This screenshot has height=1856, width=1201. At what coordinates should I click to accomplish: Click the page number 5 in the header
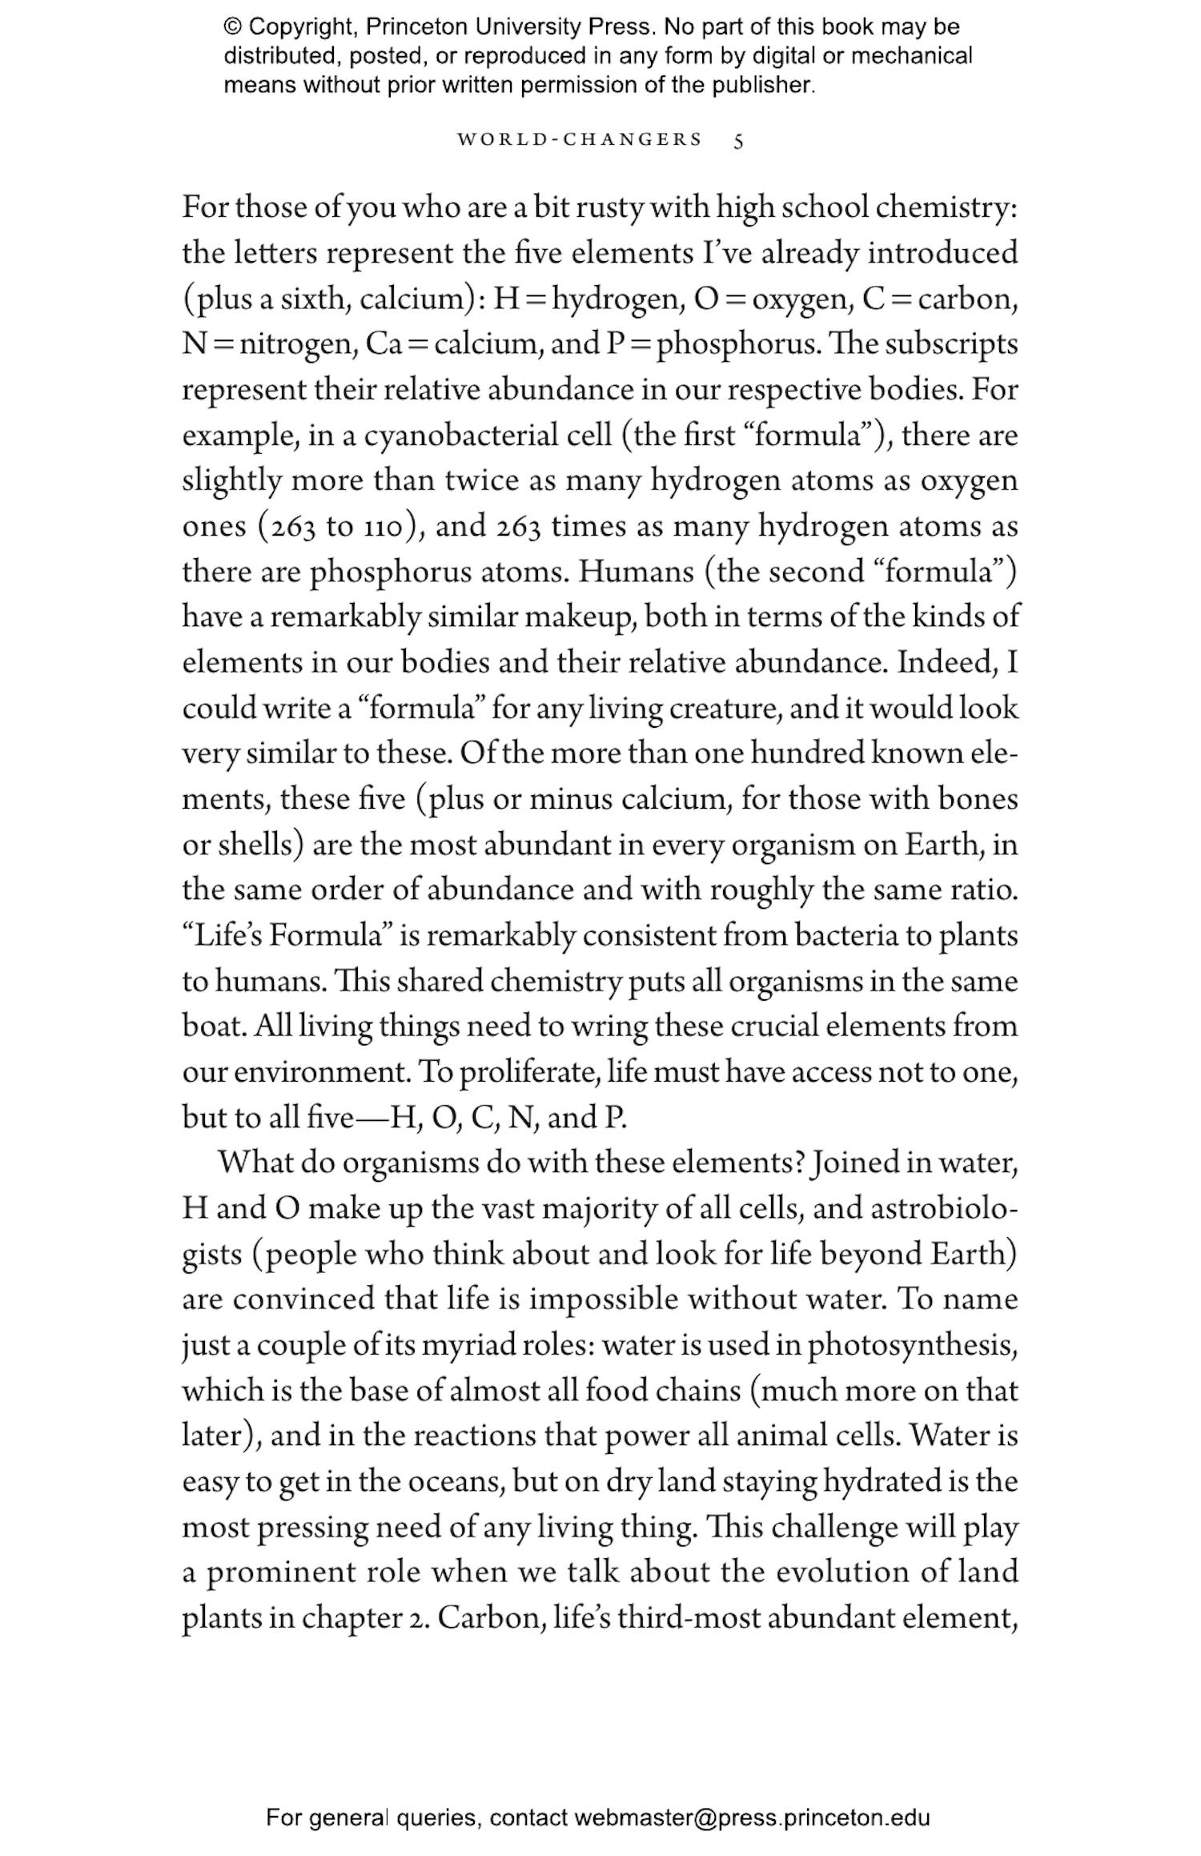coord(738,142)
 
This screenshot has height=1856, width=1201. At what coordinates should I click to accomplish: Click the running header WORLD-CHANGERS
coord(579,139)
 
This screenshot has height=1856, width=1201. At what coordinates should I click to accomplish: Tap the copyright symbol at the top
coord(232,27)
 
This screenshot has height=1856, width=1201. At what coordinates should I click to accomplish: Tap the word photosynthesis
coord(912,1345)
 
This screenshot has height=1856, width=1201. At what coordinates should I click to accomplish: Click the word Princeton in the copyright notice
coord(416,27)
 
